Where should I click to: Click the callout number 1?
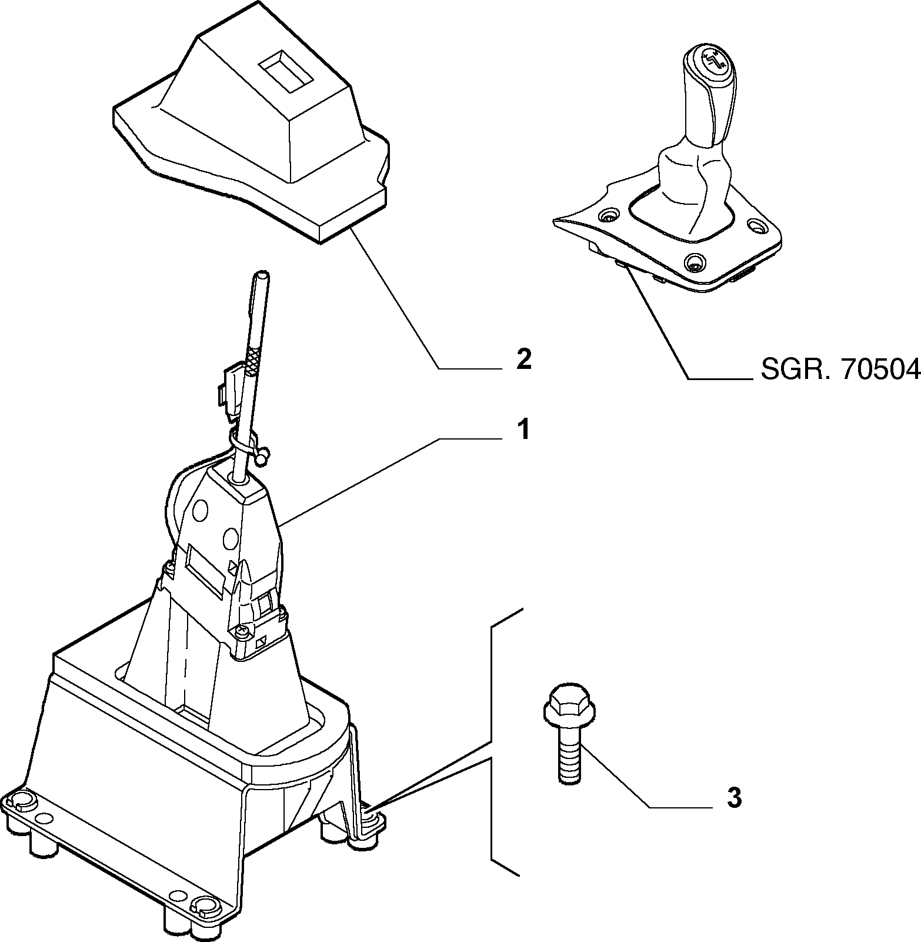522,430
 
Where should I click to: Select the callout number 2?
523,359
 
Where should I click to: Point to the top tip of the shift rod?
261,274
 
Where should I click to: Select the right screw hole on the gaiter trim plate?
756,226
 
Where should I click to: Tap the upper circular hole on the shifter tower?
199,509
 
